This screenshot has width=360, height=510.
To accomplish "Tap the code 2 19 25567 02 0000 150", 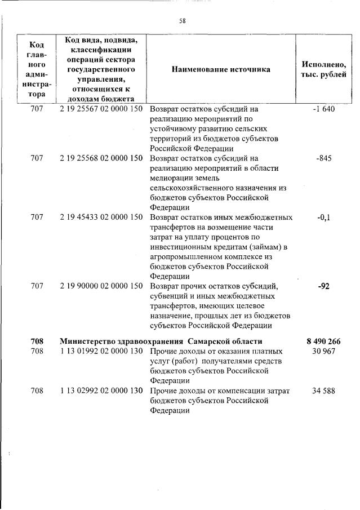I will [x=101, y=109].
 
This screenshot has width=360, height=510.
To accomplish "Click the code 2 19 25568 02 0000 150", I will [x=101, y=158].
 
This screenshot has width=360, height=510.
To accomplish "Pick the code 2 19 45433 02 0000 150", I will [x=101, y=216].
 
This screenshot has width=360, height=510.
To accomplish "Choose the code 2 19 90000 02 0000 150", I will [x=101, y=286].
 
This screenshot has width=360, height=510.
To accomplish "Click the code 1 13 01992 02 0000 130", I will [x=101, y=352].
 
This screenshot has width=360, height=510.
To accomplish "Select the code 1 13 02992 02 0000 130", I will [x=101, y=391].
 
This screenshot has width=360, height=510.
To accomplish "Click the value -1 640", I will [x=323, y=109].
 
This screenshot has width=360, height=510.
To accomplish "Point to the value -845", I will [x=323, y=158].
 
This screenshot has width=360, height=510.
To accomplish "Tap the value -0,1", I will [x=323, y=216].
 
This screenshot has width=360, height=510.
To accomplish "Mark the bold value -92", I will [x=323, y=286].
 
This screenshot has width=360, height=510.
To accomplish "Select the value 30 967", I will [x=323, y=352].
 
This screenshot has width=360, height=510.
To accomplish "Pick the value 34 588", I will [x=323, y=391].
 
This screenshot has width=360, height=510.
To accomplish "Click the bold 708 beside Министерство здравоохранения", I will [x=37, y=342].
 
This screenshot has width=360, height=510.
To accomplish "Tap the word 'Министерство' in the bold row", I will [x=86, y=342].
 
